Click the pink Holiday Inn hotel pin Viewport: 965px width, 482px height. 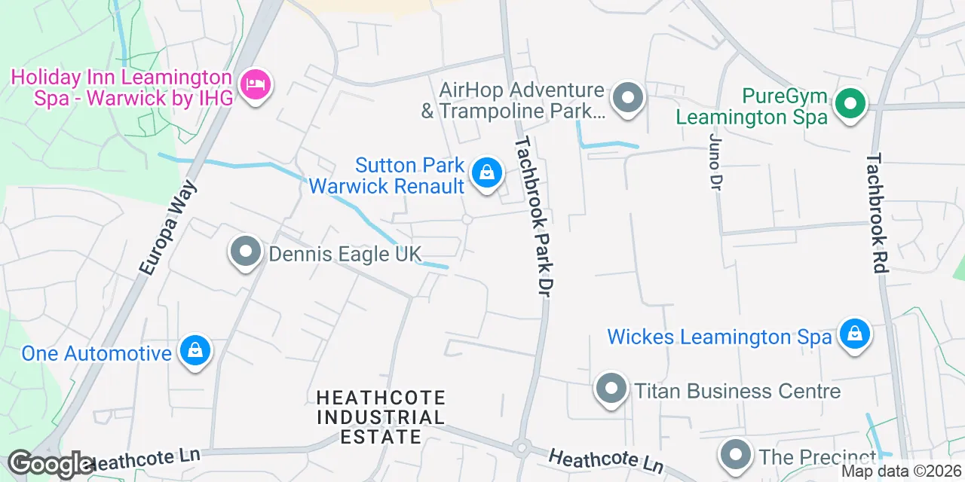pyautogui.click(x=255, y=84)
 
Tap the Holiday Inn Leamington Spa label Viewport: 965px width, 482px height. pyautogui.click(x=121, y=87)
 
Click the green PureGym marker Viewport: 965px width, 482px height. pyautogui.click(x=850, y=104)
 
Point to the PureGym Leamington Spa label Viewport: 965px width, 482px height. pyautogui.click(x=752, y=107)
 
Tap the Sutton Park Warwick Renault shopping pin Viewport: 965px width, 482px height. pyautogui.click(x=488, y=173)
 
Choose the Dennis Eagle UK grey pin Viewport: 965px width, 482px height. pyautogui.click(x=245, y=252)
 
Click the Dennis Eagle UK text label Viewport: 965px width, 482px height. pyautogui.click(x=345, y=254)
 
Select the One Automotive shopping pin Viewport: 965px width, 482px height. pyautogui.click(x=195, y=350)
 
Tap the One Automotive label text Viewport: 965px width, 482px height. pyautogui.click(x=96, y=353)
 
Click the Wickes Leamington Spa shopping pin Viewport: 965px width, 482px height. pyautogui.click(x=854, y=333)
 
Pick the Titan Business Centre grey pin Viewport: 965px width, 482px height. pyautogui.click(x=611, y=389)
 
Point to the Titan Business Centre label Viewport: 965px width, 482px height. pyautogui.click(x=737, y=392)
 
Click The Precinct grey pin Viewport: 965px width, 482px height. pyautogui.click(x=735, y=455)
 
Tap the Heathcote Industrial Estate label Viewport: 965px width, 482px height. pyautogui.click(x=381, y=416)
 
